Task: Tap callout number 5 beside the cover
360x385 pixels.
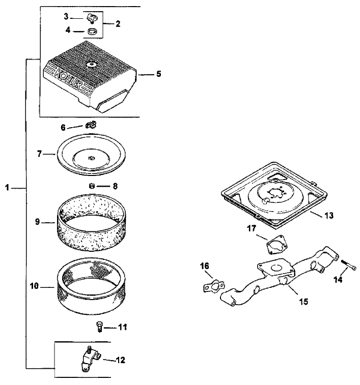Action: point(158,74)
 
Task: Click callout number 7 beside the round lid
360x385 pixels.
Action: point(39,153)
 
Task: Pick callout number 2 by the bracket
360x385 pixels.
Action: point(118,23)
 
